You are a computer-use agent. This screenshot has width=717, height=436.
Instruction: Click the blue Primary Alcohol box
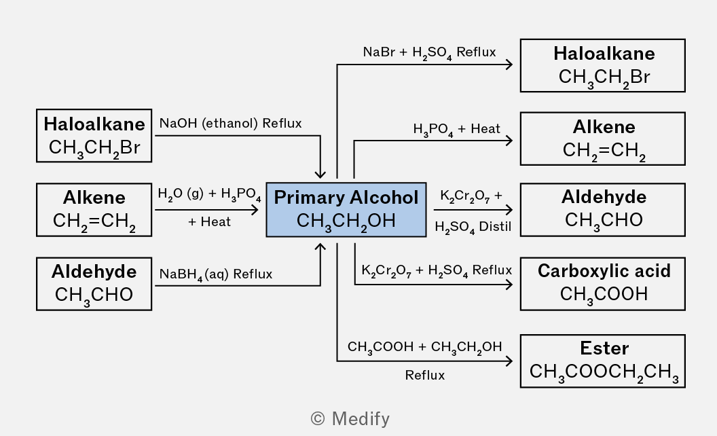(346, 209)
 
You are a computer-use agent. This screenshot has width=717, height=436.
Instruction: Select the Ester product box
(602, 361)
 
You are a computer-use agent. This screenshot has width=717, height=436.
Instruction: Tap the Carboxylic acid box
(602, 283)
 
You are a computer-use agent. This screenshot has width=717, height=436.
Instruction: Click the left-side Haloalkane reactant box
(94, 136)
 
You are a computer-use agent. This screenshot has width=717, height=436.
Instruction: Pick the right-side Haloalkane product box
(602, 65)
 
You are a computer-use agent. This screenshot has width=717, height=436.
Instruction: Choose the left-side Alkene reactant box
(94, 209)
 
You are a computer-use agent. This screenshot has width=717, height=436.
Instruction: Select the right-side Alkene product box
(602, 139)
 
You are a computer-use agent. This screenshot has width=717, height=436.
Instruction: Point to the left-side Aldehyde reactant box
(94, 283)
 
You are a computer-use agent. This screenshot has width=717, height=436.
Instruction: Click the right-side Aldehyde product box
(602, 209)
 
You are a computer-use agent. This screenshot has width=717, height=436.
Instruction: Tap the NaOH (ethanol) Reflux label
(230, 124)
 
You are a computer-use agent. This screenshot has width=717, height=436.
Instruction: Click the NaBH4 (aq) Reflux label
(215, 274)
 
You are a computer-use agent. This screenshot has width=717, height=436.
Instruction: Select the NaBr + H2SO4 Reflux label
(429, 52)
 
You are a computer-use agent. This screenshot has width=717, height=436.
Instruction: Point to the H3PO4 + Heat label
(456, 129)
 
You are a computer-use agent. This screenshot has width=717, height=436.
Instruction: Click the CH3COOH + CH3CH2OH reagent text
(424, 347)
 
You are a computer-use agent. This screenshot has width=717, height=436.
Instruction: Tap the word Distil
(495, 226)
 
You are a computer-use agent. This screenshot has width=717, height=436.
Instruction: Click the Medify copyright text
(350, 418)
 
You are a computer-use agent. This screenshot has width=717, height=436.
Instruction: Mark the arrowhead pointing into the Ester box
(509, 361)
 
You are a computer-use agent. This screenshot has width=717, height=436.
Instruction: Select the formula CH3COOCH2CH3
(604, 372)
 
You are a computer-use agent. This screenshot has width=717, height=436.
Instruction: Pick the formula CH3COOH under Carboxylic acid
(604, 294)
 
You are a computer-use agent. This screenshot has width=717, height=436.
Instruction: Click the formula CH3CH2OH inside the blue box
(346, 221)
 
